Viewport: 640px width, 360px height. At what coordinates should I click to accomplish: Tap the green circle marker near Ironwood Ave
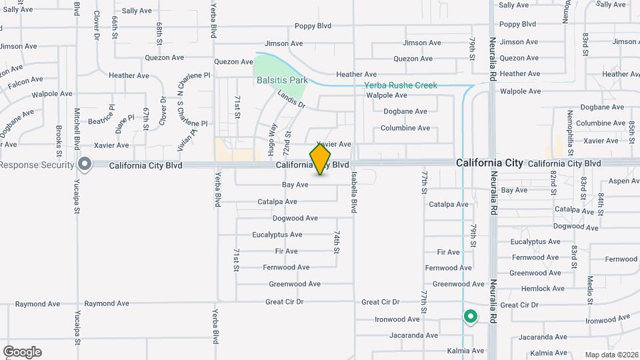(x=471, y=317)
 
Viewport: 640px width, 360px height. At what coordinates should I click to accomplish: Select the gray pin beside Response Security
(x=84, y=164)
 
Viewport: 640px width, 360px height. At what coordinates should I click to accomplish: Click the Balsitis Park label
(x=282, y=80)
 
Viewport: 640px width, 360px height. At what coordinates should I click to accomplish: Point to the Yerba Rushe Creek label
(x=401, y=85)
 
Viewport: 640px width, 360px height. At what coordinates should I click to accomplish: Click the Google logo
(x=22, y=352)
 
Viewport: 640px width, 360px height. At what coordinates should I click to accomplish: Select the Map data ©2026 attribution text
(x=611, y=355)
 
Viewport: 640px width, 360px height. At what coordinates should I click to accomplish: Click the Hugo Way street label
(x=273, y=139)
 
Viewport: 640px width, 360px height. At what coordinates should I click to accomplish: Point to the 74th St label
(x=337, y=243)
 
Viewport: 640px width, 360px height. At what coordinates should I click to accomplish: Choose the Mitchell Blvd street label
(x=77, y=128)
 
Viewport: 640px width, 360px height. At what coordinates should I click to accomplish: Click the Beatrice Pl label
(x=101, y=115)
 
